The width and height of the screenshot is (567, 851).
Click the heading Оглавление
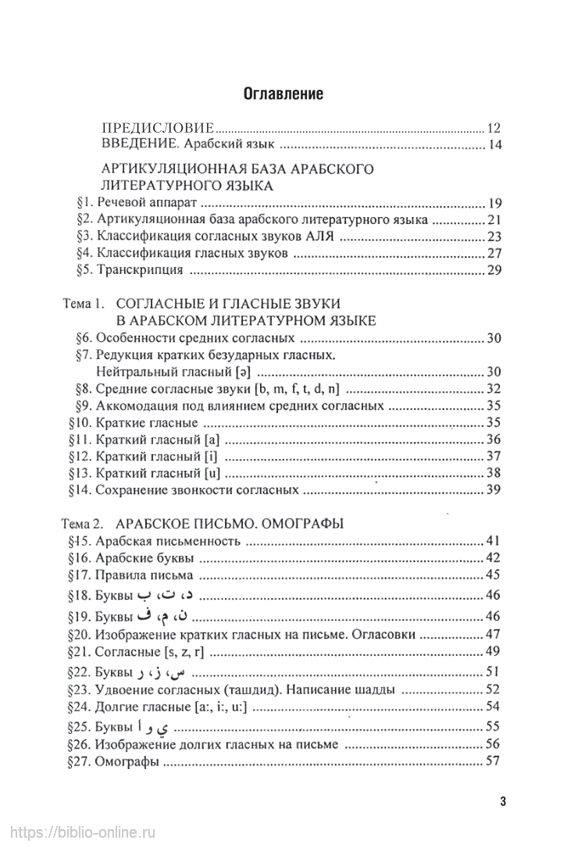283,95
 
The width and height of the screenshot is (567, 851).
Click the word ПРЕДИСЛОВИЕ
158,129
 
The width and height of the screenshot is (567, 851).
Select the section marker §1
86,202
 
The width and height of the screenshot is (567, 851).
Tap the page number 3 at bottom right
504,802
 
